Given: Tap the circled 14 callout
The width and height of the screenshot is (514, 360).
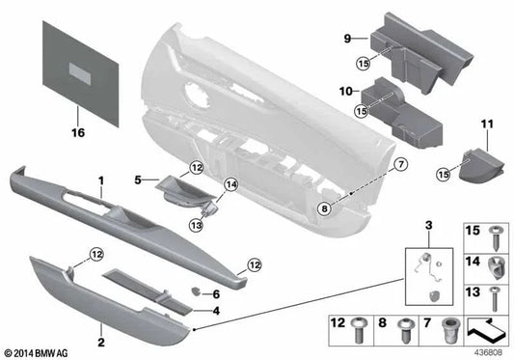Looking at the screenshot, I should pos(229,184).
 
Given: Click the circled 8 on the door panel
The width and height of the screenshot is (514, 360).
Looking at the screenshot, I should pos(325,204).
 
